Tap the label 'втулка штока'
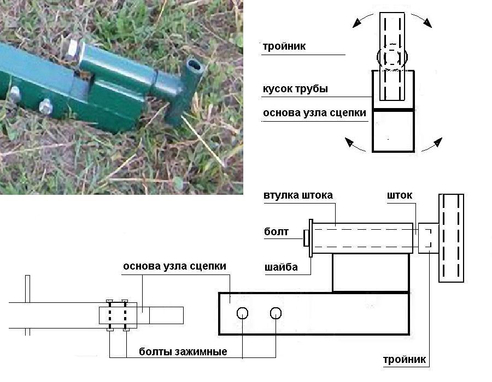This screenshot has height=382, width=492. pyautogui.click(x=297, y=195)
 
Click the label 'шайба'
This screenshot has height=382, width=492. pyautogui.click(x=280, y=267)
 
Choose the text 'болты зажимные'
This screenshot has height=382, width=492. pyautogui.click(x=183, y=351)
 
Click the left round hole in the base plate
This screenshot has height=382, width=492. pyautogui.click(x=243, y=313)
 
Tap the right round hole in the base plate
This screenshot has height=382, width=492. pyautogui.click(x=276, y=313)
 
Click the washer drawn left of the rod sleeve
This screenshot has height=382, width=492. pyautogui.click(x=311, y=238)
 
